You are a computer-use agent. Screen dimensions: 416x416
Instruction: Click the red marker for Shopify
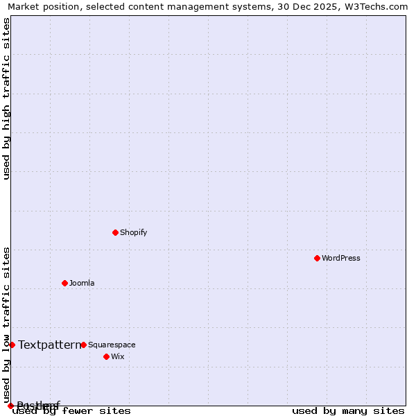click(115, 232)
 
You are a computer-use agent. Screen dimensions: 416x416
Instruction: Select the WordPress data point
click(317, 258)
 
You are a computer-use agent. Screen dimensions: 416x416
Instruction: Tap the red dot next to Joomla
click(64, 283)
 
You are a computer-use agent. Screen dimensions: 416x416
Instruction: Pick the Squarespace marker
click(83, 345)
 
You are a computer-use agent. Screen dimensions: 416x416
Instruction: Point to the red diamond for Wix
click(106, 356)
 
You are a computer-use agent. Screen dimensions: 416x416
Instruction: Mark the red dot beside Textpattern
click(12, 345)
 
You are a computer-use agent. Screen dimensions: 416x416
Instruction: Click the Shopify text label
click(133, 232)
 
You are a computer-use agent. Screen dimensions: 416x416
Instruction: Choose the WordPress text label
click(340, 258)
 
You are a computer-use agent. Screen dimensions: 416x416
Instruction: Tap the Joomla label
click(82, 283)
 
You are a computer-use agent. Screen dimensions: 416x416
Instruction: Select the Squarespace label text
click(112, 345)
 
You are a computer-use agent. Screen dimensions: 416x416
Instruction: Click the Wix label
click(117, 356)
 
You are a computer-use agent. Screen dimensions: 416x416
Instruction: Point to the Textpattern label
click(49, 345)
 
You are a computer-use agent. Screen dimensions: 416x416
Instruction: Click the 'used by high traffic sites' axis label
click(6, 98)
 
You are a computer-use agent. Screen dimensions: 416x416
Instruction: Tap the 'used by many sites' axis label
click(348, 410)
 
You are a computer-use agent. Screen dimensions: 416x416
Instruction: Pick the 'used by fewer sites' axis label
click(72, 410)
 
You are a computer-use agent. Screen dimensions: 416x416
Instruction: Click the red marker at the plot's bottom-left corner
click(10, 406)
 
